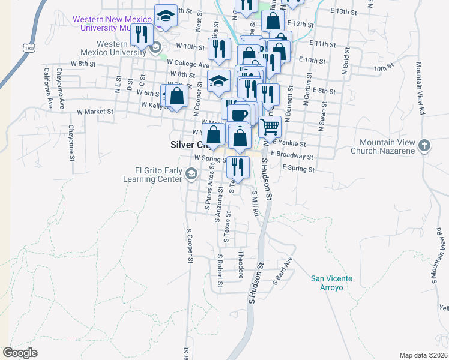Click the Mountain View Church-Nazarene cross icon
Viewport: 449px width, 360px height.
pyautogui.click(x=424, y=145)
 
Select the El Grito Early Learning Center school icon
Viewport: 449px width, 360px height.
pyautogui.click(x=191, y=174)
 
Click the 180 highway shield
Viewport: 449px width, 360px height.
pyautogui.click(x=29, y=46)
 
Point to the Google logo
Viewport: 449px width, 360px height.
pyautogui.click(x=20, y=353)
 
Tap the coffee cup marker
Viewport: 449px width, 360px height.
pyautogui.click(x=240, y=114)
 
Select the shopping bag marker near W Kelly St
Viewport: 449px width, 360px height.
pyautogui.click(x=177, y=96)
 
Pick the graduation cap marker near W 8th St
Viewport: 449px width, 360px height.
pyautogui.click(x=219, y=80)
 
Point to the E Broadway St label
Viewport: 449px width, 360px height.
pyautogui.click(x=292, y=154)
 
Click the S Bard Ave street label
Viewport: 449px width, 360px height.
pyautogui.click(x=283, y=271)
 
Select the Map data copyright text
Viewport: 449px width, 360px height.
pyautogui.click(x=423, y=355)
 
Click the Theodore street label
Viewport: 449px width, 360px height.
pyautogui.click(x=241, y=264)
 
